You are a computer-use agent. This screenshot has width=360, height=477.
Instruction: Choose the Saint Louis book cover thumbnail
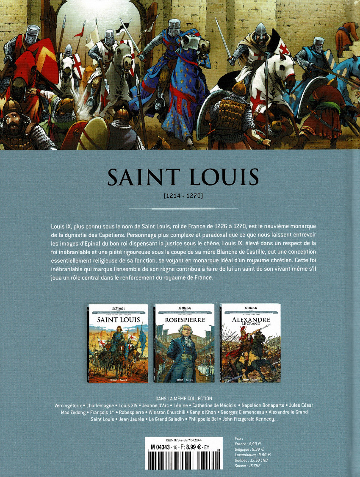[118, 343]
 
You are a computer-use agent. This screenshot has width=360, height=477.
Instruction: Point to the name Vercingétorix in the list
[69, 405]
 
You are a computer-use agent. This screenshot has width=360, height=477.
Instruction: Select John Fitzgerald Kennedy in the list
[249, 419]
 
